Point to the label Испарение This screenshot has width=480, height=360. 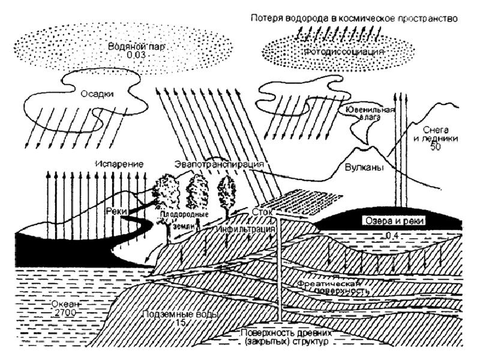click(x=121, y=163)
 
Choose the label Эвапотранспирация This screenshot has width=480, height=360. click(x=220, y=163)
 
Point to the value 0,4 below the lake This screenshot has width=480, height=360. click(x=394, y=235)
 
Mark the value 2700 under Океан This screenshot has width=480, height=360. click(x=60, y=313)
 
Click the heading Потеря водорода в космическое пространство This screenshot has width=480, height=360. click(x=354, y=19)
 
